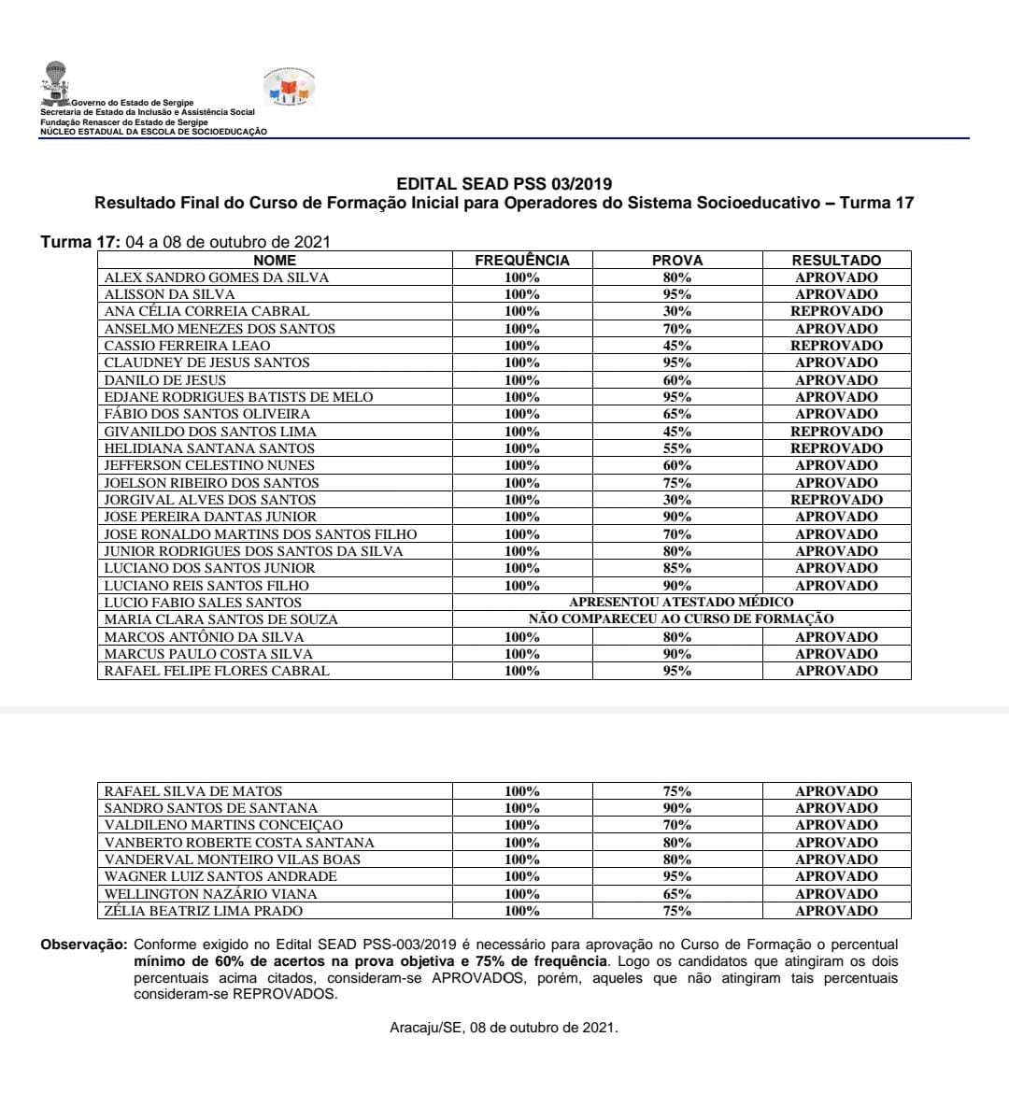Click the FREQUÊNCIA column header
click(521, 261)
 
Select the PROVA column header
click(677, 261)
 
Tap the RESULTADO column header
click(836, 261)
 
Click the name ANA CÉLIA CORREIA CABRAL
click(206, 311)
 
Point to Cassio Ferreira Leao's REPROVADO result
click(836, 346)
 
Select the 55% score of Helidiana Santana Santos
click(677, 448)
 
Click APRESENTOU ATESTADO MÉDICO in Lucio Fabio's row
click(681, 603)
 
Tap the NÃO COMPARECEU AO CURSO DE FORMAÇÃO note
click(681, 619)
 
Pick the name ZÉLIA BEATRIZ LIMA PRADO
click(204, 911)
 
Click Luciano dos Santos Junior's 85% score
click(677, 568)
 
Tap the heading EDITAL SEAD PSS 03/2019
click(504, 184)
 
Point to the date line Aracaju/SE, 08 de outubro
click(504, 1028)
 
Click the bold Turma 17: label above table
click(80, 242)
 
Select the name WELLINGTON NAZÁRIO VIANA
click(204, 894)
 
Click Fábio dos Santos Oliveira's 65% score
click(677, 414)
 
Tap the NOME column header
click(275, 261)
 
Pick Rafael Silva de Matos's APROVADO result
click(836, 791)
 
